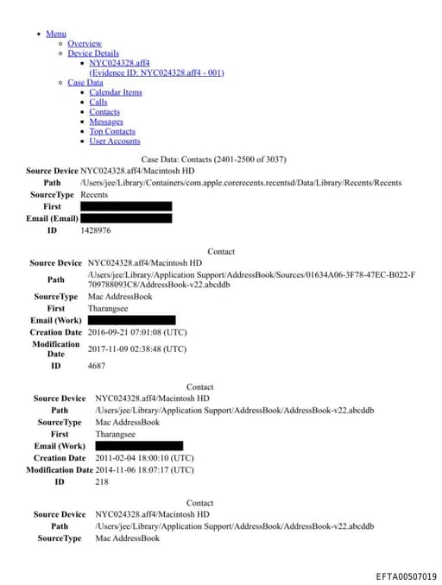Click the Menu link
point(56,34)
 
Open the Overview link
point(85,43)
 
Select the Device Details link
point(93,53)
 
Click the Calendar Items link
point(116,92)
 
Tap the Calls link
point(98,102)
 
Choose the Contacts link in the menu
point(104,112)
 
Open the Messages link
point(106,122)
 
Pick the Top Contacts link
point(112,131)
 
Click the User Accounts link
point(114,142)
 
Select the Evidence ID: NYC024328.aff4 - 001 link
point(156,72)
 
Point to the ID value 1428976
point(96,230)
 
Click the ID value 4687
point(97,366)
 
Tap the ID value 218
point(102,481)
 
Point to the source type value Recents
point(94,195)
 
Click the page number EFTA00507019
point(406,576)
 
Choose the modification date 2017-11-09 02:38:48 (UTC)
point(136,349)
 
